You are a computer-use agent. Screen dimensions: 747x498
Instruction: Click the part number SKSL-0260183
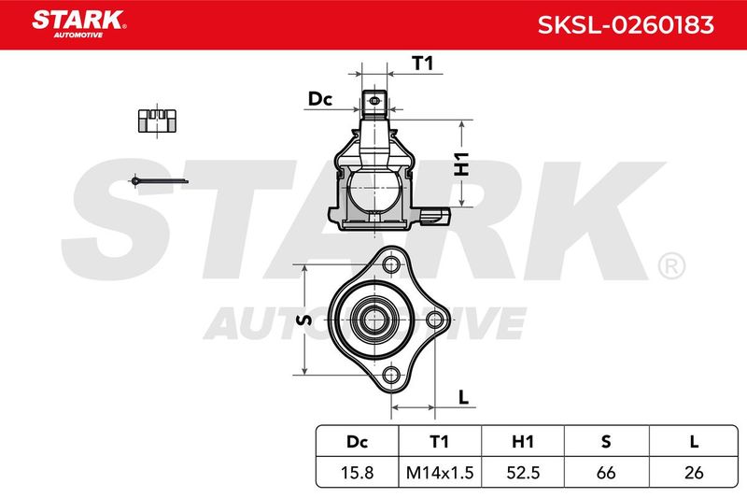(626, 25)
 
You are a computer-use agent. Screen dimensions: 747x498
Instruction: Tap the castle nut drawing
(157, 121)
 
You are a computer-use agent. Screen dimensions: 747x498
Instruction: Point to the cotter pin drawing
(160, 181)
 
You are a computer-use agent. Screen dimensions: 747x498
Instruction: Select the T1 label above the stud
(423, 63)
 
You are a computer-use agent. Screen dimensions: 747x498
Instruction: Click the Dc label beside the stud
(319, 99)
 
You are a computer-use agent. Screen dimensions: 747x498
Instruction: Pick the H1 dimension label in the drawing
(461, 164)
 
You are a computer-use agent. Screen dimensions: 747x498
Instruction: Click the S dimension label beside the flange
(303, 320)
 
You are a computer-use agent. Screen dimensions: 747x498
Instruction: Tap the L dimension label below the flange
(463, 396)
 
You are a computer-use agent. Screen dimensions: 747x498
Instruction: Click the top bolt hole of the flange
(391, 263)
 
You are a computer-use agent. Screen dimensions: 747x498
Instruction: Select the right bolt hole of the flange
(434, 320)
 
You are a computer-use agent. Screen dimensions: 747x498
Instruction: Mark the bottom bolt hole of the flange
(391, 376)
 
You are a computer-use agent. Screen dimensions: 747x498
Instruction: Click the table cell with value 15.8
(358, 472)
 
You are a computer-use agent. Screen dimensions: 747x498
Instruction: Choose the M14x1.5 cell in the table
(440, 472)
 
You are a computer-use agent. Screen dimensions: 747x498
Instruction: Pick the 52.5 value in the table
(523, 472)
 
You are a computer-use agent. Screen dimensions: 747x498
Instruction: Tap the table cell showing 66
(606, 472)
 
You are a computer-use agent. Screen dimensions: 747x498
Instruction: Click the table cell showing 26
(694, 472)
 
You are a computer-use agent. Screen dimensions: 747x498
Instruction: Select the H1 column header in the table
(523, 442)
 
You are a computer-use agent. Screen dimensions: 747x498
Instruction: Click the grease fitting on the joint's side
(435, 216)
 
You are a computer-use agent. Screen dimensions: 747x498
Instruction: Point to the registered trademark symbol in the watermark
(671, 266)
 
